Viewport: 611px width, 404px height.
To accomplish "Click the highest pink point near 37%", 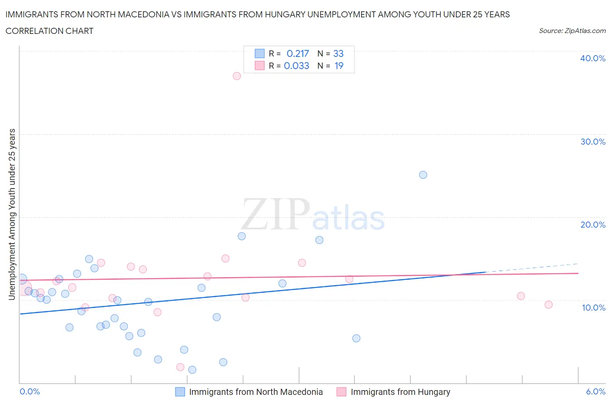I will click(237, 76).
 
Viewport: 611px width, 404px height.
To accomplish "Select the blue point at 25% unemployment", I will click(423, 175).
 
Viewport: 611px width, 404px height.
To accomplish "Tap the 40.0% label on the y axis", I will click(592, 58).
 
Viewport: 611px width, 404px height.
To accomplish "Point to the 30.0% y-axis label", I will click(592, 142).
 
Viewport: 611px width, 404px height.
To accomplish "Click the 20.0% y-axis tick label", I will click(592, 225).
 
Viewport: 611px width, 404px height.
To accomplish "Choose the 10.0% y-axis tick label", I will click(593, 308).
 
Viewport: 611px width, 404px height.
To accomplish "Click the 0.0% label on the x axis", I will click(30, 391).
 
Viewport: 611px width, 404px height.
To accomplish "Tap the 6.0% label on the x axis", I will click(595, 391).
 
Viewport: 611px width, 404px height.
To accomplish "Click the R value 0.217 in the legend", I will click(298, 53).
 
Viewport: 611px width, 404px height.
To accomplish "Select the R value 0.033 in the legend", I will click(296, 66).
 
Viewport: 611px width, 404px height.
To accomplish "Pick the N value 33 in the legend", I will click(338, 53).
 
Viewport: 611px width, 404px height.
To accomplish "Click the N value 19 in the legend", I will click(339, 66).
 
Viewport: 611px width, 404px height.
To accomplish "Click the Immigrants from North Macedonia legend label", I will click(256, 392).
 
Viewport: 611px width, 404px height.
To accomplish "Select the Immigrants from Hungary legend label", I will click(400, 392).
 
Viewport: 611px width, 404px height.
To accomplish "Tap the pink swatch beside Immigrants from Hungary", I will click(342, 392).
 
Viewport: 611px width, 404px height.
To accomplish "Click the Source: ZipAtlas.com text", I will click(572, 31).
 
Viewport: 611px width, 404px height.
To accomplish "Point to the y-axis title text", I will click(12, 214).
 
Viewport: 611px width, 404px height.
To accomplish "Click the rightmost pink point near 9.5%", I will click(548, 305).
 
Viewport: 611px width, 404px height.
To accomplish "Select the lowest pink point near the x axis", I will click(180, 367).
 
